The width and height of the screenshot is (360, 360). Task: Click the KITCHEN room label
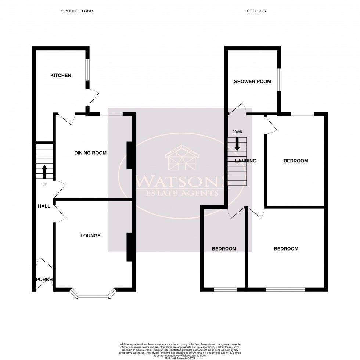tap(61, 76)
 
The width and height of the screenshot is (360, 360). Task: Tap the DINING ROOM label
tap(90, 153)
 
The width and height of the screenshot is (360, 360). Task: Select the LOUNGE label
tap(90, 236)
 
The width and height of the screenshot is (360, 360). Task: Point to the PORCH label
tap(44, 280)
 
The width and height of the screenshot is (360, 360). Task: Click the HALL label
tap(44, 206)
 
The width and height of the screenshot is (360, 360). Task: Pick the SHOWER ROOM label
tap(252, 82)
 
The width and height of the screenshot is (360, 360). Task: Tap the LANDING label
tap(246, 161)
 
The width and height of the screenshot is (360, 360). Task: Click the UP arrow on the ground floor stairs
tap(45, 172)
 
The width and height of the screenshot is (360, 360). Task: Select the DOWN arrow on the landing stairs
tap(237, 144)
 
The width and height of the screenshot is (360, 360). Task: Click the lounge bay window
tap(93, 295)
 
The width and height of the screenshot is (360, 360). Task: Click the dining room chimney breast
tap(129, 155)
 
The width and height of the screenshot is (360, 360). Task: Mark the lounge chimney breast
tap(129, 247)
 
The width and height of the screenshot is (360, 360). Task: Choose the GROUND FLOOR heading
tap(77, 11)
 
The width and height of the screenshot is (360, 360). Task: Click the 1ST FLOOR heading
tap(255, 11)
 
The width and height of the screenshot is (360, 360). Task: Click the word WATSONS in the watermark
tap(180, 181)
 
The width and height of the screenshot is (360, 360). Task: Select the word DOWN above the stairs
tap(237, 132)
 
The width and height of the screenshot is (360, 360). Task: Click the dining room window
tap(111, 114)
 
